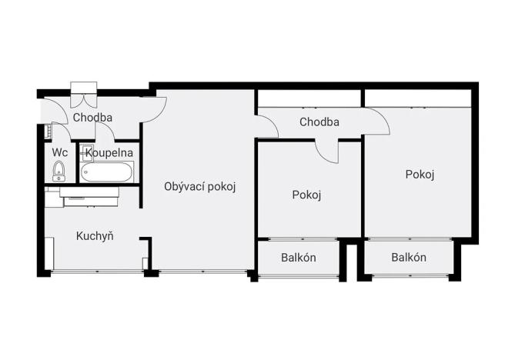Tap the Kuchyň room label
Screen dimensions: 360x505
click(95, 235)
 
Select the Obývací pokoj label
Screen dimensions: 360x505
click(199, 185)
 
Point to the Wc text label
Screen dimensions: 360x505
click(59, 152)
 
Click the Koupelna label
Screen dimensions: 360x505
click(109, 152)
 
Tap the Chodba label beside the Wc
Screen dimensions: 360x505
click(92, 118)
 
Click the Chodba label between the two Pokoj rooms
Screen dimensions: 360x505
click(319, 122)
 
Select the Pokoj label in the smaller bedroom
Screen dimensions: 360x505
click(306, 195)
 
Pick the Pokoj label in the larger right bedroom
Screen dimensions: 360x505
click(420, 174)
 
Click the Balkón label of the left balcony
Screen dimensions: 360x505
click(298, 257)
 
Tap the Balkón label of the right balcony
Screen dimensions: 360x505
click(408, 257)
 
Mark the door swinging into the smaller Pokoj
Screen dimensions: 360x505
click(327, 151)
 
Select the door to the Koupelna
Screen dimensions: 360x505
click(104, 133)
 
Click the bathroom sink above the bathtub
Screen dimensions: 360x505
click(87, 152)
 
